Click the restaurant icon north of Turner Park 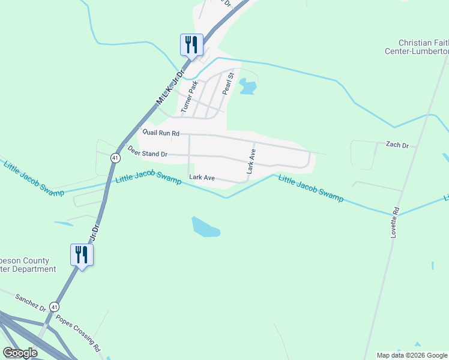coord(191,44)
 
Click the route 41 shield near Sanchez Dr coord(54,307)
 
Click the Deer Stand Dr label coord(147,154)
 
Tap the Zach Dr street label coord(397,145)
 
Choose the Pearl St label coord(227,84)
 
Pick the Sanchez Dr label coord(31,302)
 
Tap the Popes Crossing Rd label coord(79,332)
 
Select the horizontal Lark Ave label coord(202,178)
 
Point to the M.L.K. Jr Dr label coord(169,88)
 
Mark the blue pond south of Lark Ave coord(205,226)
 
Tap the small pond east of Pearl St coord(247,87)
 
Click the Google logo coord(20,353)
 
